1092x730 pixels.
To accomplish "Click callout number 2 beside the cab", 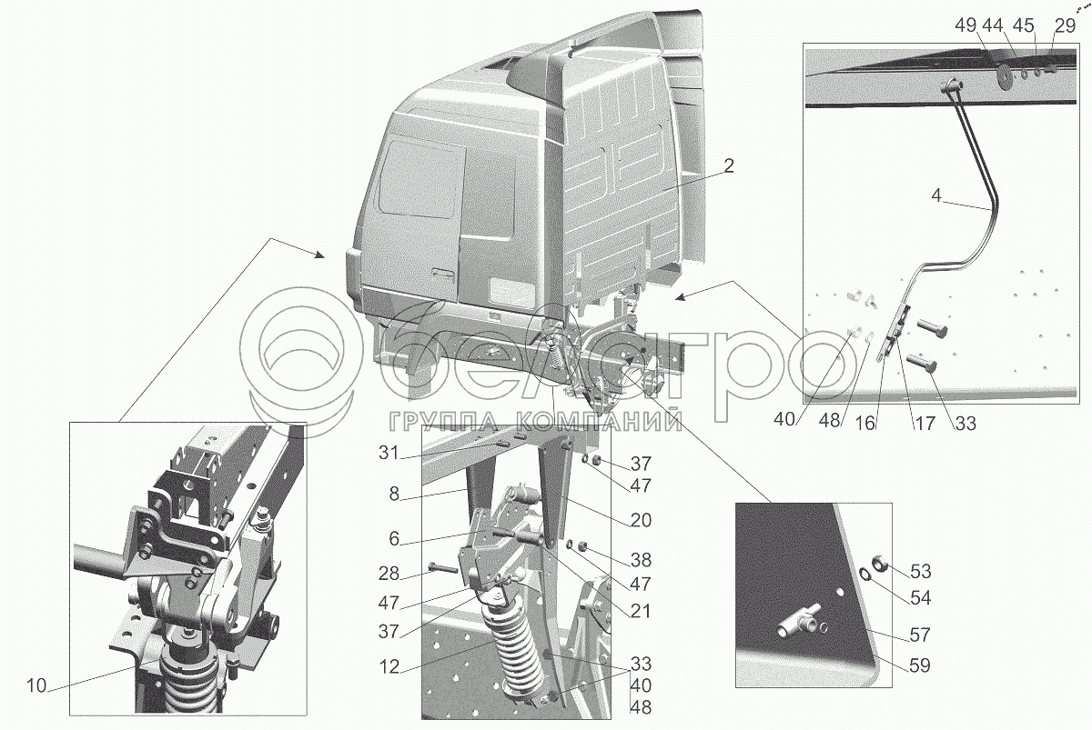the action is pos(728,166).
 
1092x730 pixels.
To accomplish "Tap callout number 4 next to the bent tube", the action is pos(936,195).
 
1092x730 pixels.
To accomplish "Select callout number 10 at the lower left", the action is pos(36,685).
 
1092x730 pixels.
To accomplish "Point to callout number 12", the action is pos(389,666).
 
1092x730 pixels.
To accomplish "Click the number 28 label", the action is pos(389,574).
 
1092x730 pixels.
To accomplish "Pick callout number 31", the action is pos(389,453).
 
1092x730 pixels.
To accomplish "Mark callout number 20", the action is pos(641,521).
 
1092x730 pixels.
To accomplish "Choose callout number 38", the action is pos(641,560).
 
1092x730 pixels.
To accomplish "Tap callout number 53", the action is pos(920,571).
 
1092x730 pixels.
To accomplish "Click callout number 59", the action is pos(920,665).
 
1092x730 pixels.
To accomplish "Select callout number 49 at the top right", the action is pos(966,25).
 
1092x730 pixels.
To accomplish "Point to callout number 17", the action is pos(925,424).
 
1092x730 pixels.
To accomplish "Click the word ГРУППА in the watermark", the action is pos(440,421).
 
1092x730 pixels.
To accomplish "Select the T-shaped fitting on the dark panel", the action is pos(797,621).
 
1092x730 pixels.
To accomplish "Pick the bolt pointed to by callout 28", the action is pos(442,568).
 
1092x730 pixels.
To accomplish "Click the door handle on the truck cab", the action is pos(442,275).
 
